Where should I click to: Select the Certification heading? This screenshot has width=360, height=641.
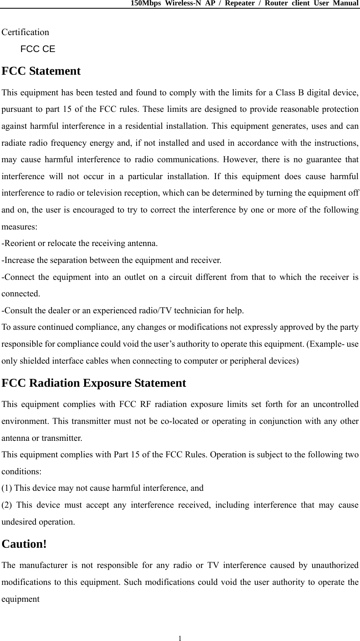tap(25, 32)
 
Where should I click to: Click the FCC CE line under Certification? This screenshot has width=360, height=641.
tap(38, 49)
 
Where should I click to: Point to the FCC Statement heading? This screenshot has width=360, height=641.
tap(41, 71)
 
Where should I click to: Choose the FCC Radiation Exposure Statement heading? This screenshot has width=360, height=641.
tap(94, 383)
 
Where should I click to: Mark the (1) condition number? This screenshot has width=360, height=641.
tap(7, 488)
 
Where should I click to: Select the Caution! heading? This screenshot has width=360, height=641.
tap(24, 544)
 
